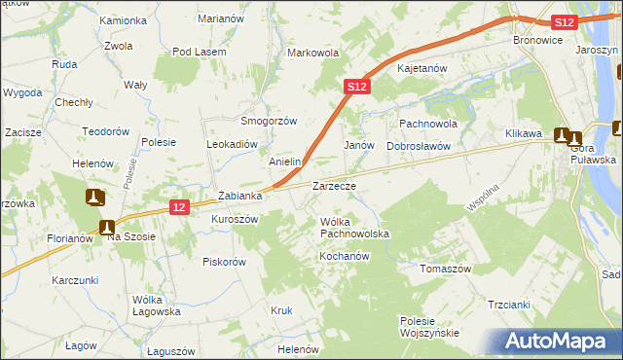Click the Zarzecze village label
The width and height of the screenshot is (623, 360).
334,185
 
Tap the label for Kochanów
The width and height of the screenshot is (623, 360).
343,256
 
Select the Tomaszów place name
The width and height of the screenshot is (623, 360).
445,268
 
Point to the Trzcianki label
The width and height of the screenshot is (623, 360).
510,305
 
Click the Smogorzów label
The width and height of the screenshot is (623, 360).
269,121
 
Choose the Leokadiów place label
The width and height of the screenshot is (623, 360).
231,143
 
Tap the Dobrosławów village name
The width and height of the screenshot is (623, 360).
418,145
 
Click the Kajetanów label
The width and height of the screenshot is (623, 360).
421,69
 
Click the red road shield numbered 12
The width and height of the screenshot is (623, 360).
177,207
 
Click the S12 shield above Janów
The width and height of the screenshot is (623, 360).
357,87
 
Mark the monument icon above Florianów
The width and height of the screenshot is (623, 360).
94,198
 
